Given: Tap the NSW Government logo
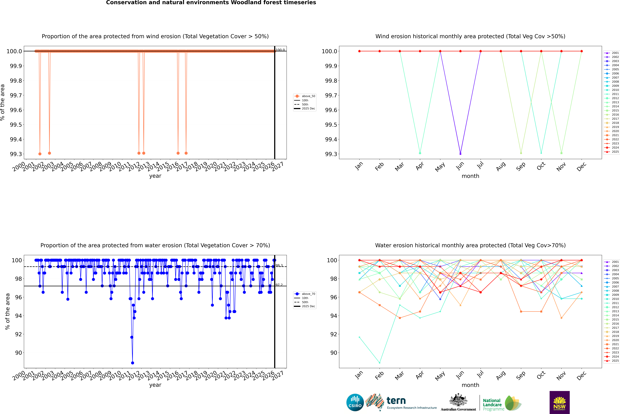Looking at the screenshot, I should tap(559, 402).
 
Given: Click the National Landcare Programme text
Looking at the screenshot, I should tap(492, 404).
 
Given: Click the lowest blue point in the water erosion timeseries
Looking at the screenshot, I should tap(132, 363).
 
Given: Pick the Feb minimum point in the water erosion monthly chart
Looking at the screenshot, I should tap(379, 363).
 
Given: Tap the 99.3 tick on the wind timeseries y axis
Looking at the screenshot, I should tap(16, 154).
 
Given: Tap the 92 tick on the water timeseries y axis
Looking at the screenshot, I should tap(18, 334).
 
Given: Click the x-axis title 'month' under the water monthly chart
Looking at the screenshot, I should tap(470, 385).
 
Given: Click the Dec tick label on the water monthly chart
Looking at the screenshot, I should tap(581, 375).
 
